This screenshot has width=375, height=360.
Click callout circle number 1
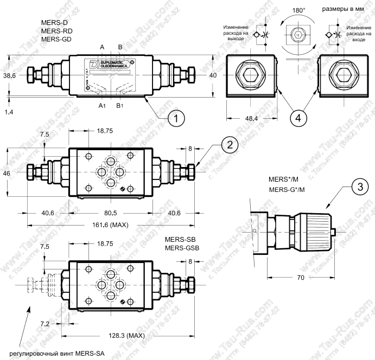(x=175, y=116)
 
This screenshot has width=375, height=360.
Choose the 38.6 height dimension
(x=9, y=76)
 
